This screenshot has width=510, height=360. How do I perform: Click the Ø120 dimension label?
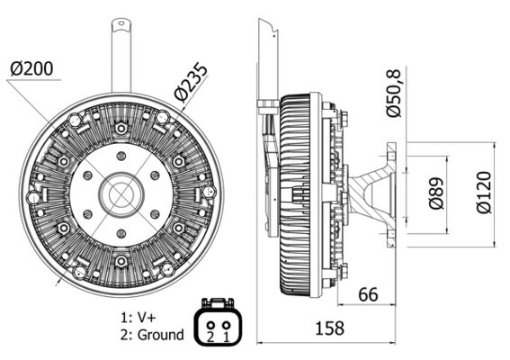click(x=485, y=192)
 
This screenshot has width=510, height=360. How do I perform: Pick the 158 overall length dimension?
click(x=330, y=328)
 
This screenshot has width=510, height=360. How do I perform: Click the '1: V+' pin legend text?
click(x=140, y=317)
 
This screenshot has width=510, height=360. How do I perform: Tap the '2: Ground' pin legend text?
click(x=151, y=335)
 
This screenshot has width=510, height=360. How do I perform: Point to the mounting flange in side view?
click(x=391, y=193)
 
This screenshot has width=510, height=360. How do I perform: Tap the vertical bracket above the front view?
click(x=121, y=54)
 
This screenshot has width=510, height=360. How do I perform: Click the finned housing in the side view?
click(x=294, y=193)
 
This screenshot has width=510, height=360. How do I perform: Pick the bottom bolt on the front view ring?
click(x=121, y=261)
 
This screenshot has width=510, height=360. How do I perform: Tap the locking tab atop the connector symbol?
click(x=217, y=303)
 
